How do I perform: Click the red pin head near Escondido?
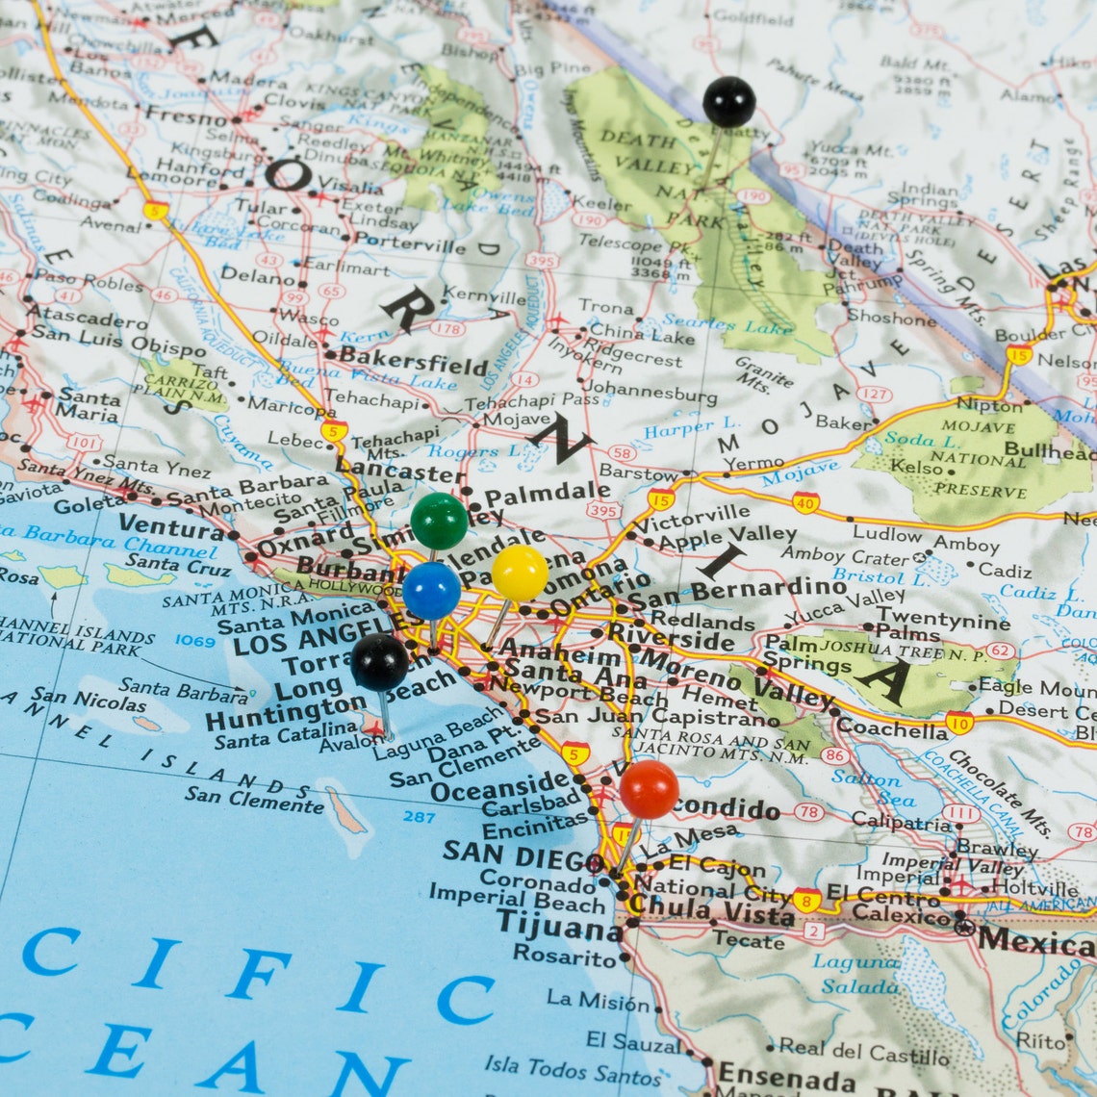649,789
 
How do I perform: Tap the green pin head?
439,521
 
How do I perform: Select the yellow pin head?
520,573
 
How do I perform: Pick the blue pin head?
431,591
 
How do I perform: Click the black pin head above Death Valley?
728,101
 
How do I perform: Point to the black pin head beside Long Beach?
379,662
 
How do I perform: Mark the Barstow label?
638,472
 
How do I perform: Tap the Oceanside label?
500,787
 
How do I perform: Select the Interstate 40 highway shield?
805,501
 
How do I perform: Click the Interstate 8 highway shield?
806,901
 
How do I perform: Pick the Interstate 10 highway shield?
957,723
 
